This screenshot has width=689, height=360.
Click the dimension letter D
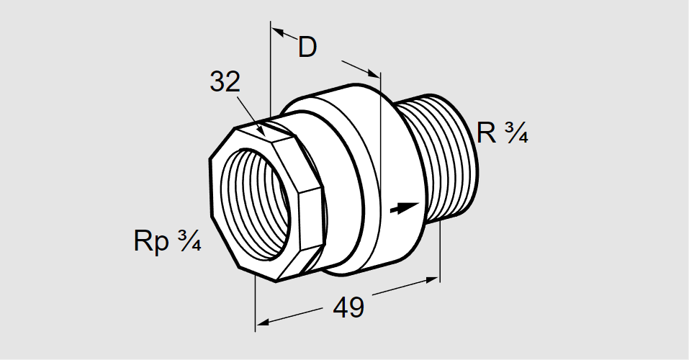(x=307, y=47)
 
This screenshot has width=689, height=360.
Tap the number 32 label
(x=225, y=82)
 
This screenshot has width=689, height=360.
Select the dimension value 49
(x=348, y=307)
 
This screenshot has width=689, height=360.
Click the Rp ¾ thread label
(x=168, y=240)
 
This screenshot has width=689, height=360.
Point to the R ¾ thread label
(x=503, y=132)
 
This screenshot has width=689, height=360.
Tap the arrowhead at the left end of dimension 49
(x=262, y=323)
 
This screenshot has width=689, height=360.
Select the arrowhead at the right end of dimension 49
(x=432, y=279)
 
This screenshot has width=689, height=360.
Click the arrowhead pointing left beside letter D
(x=278, y=32)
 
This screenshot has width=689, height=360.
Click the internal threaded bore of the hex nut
(x=255, y=204)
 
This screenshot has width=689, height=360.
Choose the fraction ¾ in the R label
(x=516, y=132)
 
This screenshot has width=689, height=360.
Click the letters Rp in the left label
(x=151, y=242)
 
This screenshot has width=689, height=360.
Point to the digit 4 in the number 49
(x=341, y=307)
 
